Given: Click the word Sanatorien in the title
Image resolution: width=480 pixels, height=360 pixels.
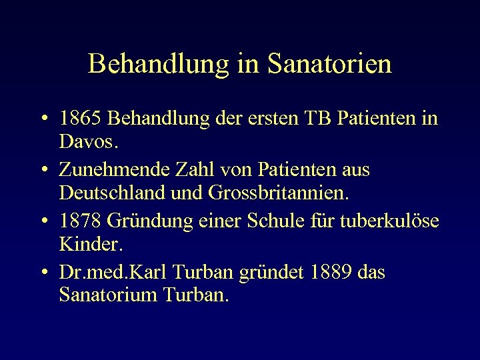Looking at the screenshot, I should pyautogui.click(x=329, y=65).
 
